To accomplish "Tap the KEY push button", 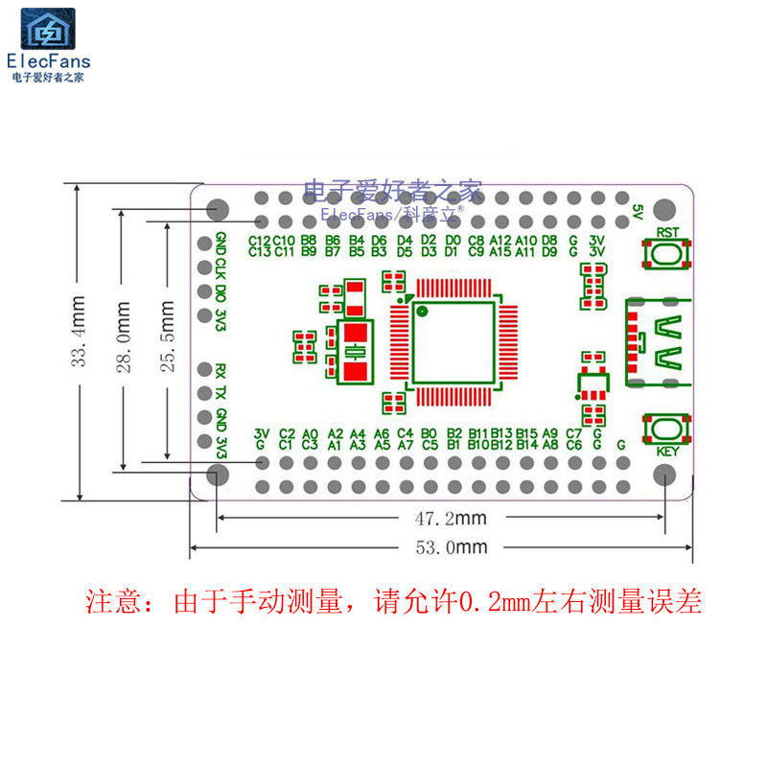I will (668, 429).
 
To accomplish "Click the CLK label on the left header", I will (221, 267).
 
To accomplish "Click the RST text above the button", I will (669, 232).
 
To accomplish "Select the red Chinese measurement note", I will (394, 602).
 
